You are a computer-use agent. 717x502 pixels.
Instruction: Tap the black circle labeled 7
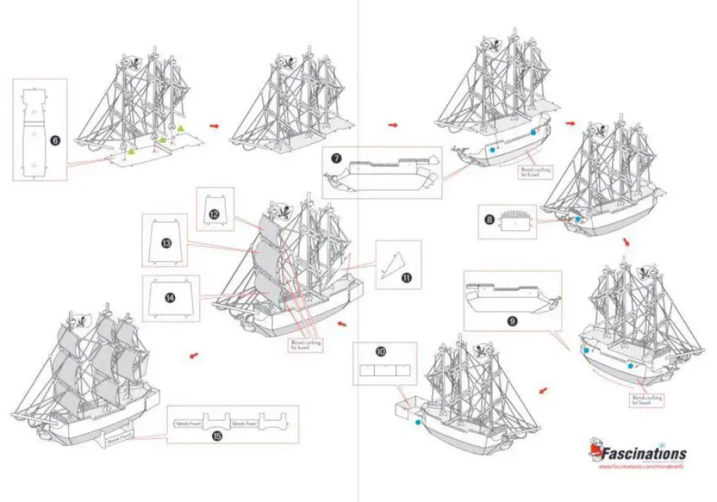[336, 158]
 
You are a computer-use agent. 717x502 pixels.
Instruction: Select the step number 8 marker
[489, 219]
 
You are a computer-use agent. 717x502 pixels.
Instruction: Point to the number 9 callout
[512, 320]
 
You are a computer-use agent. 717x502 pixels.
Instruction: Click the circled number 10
[381, 353]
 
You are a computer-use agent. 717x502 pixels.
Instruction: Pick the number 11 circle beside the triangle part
[406, 277]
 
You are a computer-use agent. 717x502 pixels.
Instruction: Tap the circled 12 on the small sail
[214, 214]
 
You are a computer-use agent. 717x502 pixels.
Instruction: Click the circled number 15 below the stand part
[217, 435]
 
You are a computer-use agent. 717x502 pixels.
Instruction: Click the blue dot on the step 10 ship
[418, 422]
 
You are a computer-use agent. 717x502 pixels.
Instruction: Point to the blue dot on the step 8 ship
[577, 219]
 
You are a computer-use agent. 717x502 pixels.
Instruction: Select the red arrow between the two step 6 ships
[214, 126]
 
